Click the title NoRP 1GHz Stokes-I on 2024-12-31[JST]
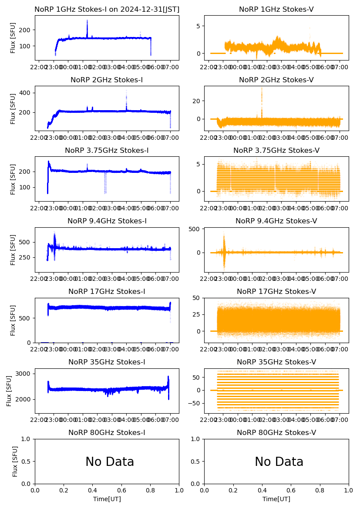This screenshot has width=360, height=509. click(x=107, y=9)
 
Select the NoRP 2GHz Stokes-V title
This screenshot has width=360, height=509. click(x=276, y=80)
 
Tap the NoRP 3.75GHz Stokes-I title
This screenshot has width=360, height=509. click(x=107, y=150)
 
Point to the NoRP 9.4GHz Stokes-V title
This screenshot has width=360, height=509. click(x=276, y=221)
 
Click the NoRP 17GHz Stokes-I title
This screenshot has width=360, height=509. click(x=107, y=291)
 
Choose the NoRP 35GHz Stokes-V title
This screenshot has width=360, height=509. click(x=276, y=362)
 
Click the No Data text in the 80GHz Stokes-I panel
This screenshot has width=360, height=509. click(x=110, y=462)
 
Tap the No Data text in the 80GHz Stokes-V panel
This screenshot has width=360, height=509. click(x=279, y=462)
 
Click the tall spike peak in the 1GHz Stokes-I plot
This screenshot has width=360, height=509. click(x=87, y=20)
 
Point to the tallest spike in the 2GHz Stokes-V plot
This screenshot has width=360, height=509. click(x=262, y=88)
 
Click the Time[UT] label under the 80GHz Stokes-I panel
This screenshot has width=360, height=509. click(x=107, y=499)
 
